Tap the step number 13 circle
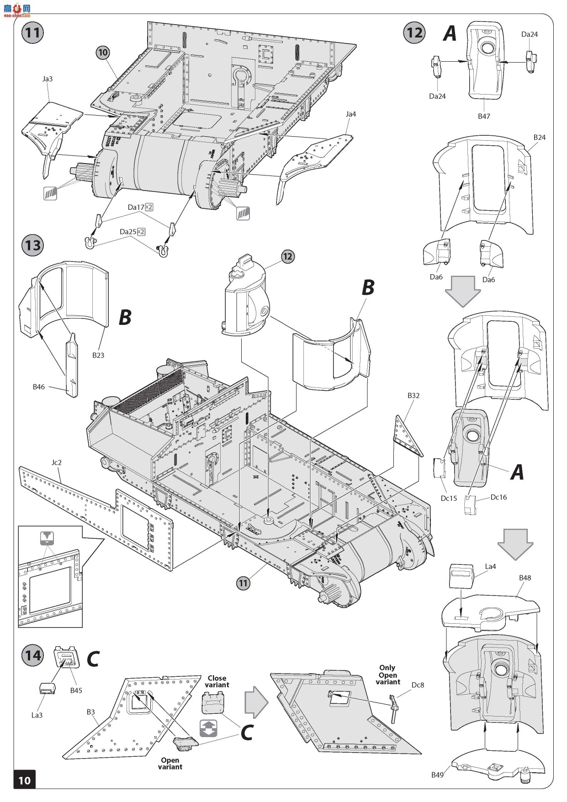[32, 245]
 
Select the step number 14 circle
[32, 656]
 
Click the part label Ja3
[48, 79]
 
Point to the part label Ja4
[350, 114]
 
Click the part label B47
[484, 116]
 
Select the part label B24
[539, 137]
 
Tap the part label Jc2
[56, 462]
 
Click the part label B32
[413, 395]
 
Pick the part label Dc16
[498, 497]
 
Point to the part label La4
[490, 567]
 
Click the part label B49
[438, 775]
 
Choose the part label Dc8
[418, 685]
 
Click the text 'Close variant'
[217, 681]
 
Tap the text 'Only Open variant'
[388, 675]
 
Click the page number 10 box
[24, 780]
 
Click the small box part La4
[461, 576]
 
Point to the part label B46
[39, 387]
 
